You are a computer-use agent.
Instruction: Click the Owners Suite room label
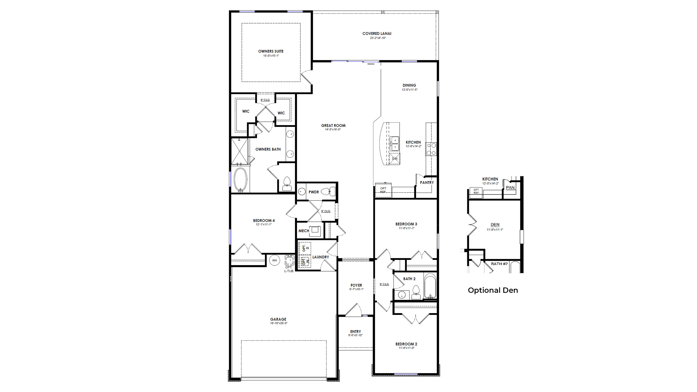tap(271, 51)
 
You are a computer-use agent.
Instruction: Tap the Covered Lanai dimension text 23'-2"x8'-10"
tap(378, 38)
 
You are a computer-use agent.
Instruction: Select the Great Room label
tap(333, 126)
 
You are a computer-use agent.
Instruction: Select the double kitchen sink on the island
tap(394, 144)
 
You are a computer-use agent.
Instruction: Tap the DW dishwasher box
tap(395, 159)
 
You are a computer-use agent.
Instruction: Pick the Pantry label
tap(427, 183)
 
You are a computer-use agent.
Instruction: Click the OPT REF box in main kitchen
tap(383, 190)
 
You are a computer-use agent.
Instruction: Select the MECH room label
tap(304, 231)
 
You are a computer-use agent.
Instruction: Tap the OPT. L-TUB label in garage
tap(289, 269)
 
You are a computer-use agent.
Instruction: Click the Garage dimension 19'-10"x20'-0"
tap(278, 323)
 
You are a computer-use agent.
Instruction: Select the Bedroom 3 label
tap(406, 224)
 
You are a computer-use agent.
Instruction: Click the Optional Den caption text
tap(493, 290)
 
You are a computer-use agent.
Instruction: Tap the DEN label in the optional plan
tap(495, 225)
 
